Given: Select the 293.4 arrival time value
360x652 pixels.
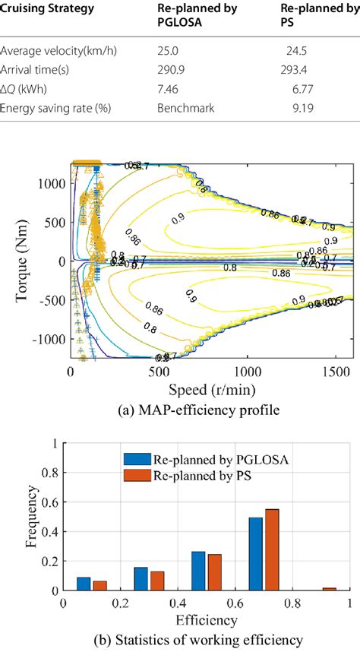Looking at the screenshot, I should click(x=292, y=70).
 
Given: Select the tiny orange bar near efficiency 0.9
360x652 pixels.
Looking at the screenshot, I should click(x=329, y=589).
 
